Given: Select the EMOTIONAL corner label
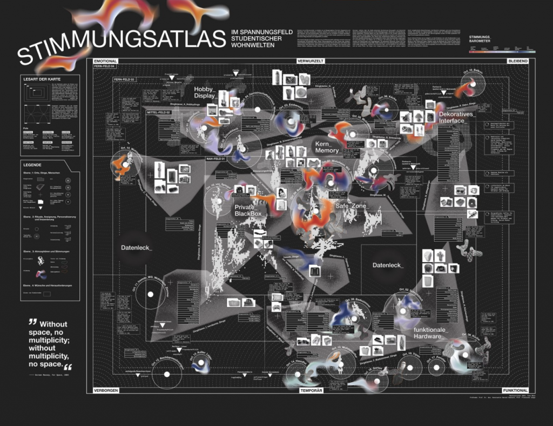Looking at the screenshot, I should pos(105,62).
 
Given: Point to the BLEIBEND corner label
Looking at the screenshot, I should pos(517,62).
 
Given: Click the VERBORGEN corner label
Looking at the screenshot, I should pos(106,390).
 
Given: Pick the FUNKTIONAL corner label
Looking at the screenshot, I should pos(515,390).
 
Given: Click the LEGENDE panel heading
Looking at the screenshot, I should pos(34,164).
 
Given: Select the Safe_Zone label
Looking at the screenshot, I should pos(351,206).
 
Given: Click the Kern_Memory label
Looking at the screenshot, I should pos(327,147).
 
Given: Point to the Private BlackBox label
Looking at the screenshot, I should pos(248,211).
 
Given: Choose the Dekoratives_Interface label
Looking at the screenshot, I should pos(459,117).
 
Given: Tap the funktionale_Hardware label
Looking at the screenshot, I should pos(435,333).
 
